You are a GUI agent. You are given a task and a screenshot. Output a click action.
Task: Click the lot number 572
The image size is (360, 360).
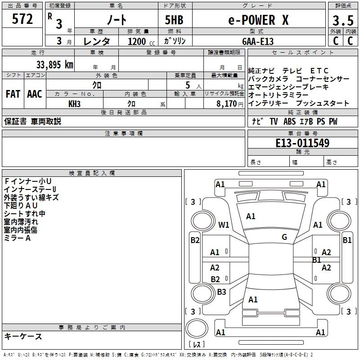(x=23, y=19)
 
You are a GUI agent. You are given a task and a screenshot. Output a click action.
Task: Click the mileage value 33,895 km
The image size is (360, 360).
(x=54, y=64)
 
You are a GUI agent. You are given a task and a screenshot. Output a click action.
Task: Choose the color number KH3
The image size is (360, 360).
(x=75, y=103)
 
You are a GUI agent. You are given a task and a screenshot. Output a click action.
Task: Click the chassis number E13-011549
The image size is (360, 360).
(x=302, y=144)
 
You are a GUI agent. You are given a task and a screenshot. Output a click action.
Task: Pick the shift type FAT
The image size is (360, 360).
(x=13, y=94)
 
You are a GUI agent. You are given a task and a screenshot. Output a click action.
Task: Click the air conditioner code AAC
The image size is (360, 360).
(x=34, y=94)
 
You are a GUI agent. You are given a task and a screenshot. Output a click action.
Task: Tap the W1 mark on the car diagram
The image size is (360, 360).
(x=224, y=225)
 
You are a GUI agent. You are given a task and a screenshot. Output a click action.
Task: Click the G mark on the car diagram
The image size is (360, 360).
(x=284, y=237)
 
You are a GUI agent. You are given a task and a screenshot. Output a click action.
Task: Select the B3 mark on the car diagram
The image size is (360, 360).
(x=221, y=292)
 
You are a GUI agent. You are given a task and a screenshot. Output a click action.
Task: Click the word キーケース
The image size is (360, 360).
(x=23, y=337)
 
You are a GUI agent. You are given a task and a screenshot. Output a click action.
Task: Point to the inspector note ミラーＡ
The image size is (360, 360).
(x=18, y=238)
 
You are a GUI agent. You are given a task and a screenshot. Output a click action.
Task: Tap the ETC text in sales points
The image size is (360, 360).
(x=319, y=71)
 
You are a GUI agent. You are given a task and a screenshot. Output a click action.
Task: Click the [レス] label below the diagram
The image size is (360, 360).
(x=196, y=344)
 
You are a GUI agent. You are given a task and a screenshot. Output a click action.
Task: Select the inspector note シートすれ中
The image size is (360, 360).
(x=25, y=214)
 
